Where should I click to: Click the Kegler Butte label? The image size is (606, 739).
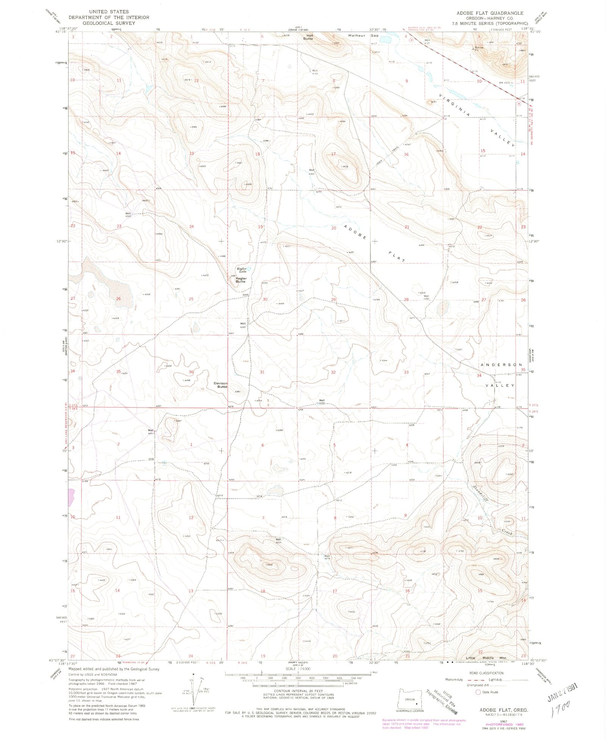pyautogui.click(x=241, y=280)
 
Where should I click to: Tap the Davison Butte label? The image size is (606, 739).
pyautogui.click(x=220, y=385)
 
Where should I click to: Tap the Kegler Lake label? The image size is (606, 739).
pyautogui.click(x=242, y=270)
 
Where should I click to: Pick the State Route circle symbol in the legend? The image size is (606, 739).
pyautogui.click(x=478, y=692)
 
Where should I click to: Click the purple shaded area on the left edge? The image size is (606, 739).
pyautogui.click(x=71, y=497)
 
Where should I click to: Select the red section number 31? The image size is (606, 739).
pyautogui.click(x=262, y=372)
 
